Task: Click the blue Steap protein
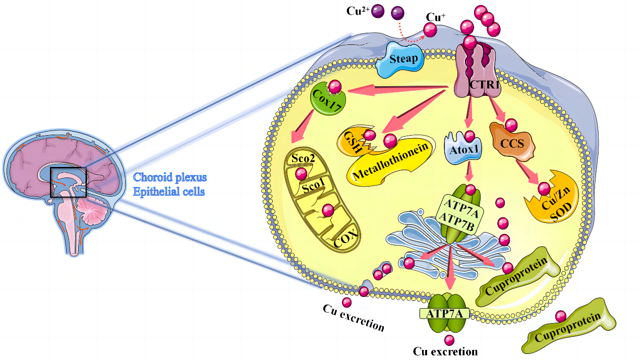coord(404,59)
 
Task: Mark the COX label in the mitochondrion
coord(346,237)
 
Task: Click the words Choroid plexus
coord(170,177)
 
